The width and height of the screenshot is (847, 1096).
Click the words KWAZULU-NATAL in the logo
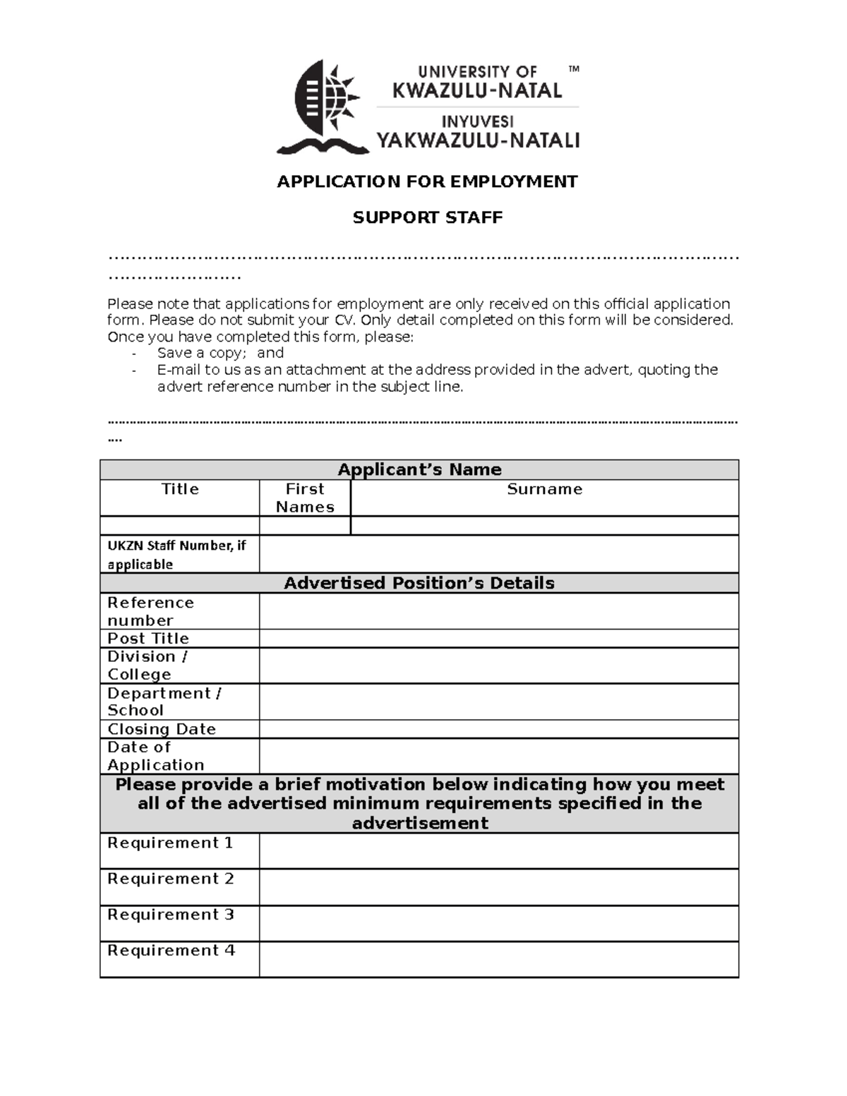pos(477,90)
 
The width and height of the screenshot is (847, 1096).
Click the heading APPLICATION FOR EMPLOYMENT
pos(427,182)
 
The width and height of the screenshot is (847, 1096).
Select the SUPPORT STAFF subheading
pos(427,217)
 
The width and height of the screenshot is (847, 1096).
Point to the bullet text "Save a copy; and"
pos(220,353)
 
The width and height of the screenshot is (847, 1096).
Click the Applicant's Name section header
pos(419,470)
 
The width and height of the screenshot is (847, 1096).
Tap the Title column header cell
pos(180,490)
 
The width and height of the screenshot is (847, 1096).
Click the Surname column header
pos(544,490)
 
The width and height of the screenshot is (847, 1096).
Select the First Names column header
pos(305,498)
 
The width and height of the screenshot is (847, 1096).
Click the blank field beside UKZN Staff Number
pos(498,554)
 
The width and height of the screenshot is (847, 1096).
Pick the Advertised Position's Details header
pos(419,583)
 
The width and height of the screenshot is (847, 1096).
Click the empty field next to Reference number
pos(498,611)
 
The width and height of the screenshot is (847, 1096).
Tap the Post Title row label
pos(148,639)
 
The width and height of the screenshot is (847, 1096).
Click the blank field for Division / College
pos(498,666)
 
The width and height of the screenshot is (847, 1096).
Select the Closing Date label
pos(162,729)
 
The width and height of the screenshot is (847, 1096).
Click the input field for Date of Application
pos(498,756)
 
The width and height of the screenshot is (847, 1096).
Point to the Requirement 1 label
pos(170,843)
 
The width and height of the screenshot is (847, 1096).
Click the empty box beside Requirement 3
pos(498,924)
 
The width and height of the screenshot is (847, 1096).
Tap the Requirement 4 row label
pos(171,951)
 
